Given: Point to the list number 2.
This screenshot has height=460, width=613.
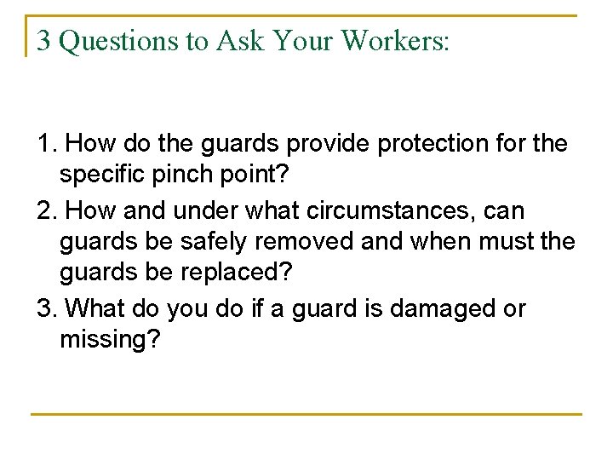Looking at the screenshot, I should [45, 210].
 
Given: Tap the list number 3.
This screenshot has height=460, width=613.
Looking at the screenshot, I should [45, 308].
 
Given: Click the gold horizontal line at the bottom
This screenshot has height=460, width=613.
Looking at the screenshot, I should [306, 415].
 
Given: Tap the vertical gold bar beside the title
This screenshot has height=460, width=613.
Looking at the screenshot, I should [27, 36].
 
